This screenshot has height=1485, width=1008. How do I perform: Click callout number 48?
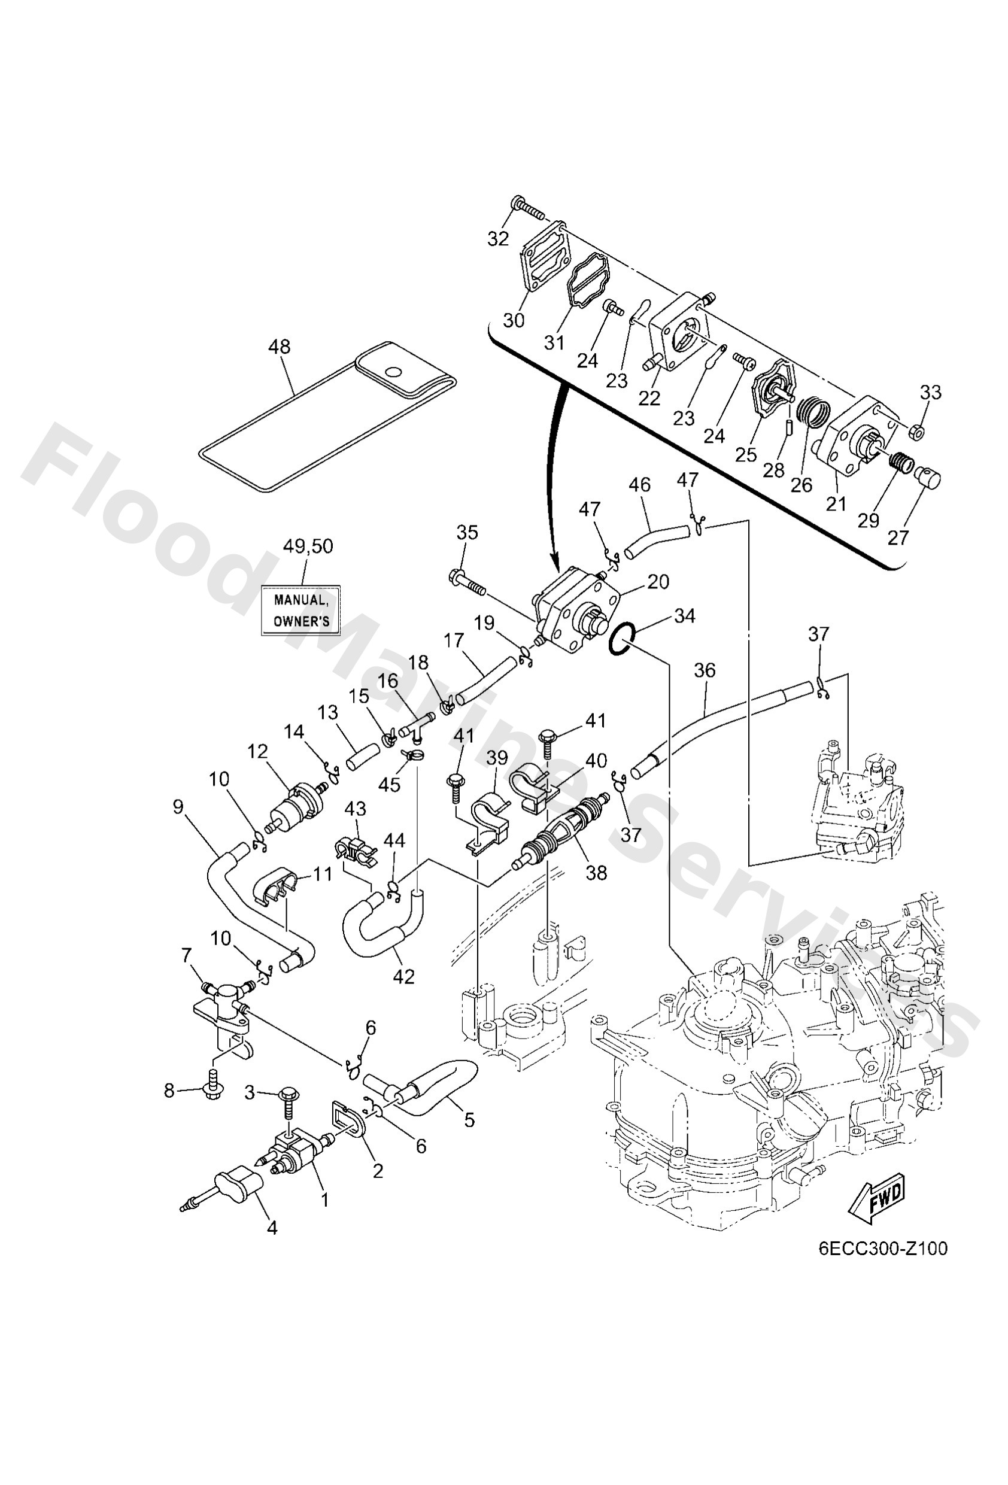pos(280,347)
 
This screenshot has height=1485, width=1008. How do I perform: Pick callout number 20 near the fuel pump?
pos(658,581)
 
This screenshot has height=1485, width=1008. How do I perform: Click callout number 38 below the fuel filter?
pos(596,872)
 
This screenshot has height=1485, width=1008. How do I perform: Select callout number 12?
pos(257,752)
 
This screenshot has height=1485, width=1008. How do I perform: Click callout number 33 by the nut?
pos(931,391)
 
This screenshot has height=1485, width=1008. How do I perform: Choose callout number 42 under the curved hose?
pos(404,976)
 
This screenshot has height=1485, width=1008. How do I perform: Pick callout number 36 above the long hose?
pos(705,670)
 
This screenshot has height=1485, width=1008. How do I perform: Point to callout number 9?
pos(178,806)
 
